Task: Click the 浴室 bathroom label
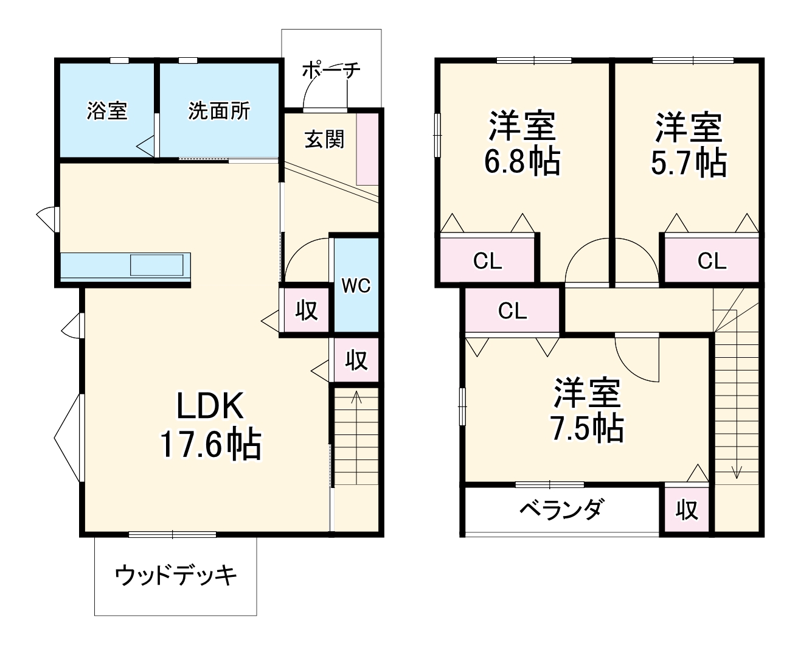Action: (x=107, y=111)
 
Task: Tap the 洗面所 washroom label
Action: (x=218, y=111)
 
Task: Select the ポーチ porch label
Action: (x=331, y=70)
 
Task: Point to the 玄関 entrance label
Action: (x=324, y=139)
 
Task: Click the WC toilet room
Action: (x=356, y=285)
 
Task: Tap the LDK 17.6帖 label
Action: (x=210, y=425)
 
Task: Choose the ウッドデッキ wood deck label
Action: (x=175, y=575)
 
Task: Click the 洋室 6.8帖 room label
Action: (x=522, y=144)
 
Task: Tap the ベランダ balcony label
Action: (x=561, y=509)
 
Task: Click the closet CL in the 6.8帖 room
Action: (x=487, y=261)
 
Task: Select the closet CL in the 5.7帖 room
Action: (x=711, y=261)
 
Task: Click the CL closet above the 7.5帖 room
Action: (x=512, y=311)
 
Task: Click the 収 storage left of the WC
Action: (x=307, y=310)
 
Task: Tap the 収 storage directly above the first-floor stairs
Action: (x=356, y=360)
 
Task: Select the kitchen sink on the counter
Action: (x=156, y=265)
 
